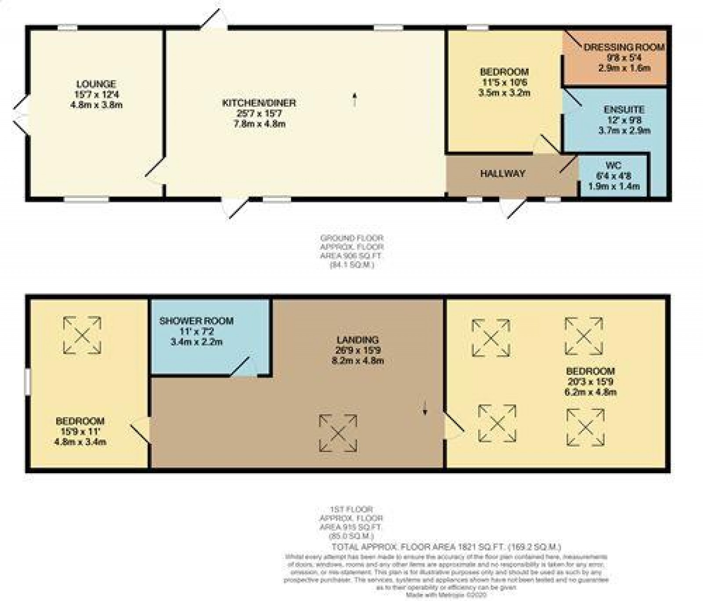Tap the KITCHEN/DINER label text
[x=259, y=103]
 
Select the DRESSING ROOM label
[x=624, y=47]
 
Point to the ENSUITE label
[x=624, y=110]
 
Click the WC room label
[x=613, y=166]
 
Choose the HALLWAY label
[x=503, y=174]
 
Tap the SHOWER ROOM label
[x=196, y=321]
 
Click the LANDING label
[x=357, y=340]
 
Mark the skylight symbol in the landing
[x=338, y=433]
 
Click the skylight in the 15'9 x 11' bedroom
[x=82, y=335]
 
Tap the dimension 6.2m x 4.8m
[x=590, y=392]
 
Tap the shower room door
[x=242, y=368]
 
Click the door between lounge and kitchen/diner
[x=155, y=174]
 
